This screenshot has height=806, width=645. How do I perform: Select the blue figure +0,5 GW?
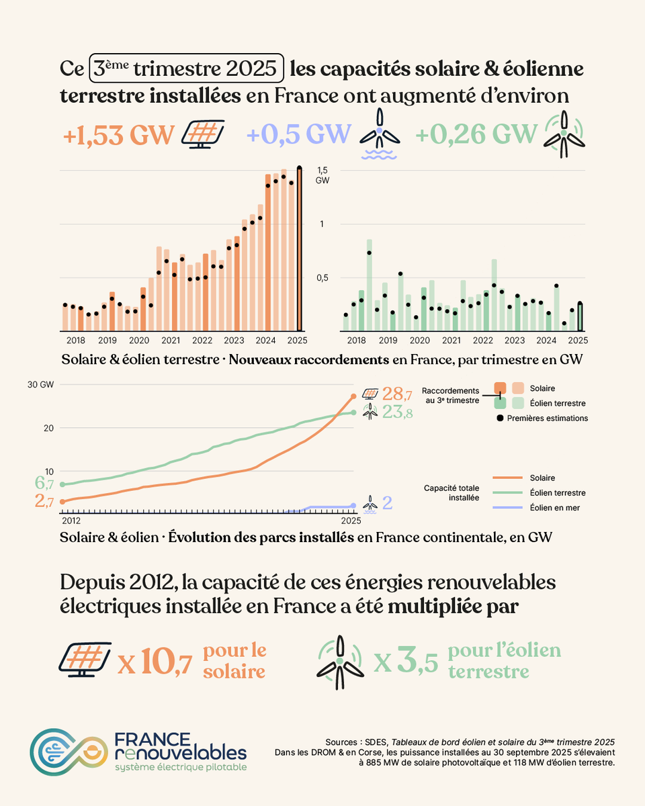point(299,135)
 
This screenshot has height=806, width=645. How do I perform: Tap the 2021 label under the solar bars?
point(170,341)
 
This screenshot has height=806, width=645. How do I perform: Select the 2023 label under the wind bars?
point(515,341)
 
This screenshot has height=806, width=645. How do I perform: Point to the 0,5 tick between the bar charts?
point(322,278)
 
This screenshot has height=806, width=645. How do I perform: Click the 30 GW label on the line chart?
point(41,386)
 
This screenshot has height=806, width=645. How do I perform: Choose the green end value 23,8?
point(397,413)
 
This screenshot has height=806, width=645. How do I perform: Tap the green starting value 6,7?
point(44,484)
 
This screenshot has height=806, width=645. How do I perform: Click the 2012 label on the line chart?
point(71,521)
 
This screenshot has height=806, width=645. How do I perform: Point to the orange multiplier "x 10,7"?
point(155,663)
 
